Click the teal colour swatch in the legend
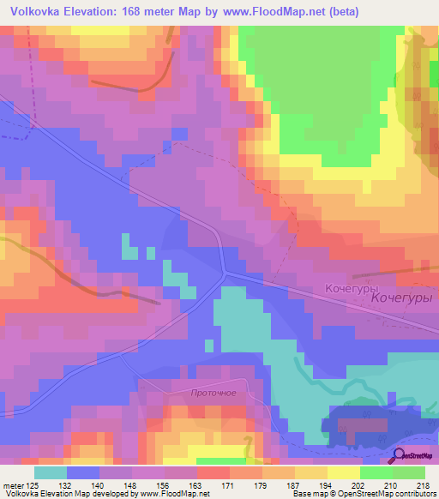pyautogui.click(x=51, y=472)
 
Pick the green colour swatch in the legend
pyautogui.click(x=409, y=472)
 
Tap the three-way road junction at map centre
pyautogui.click(x=225, y=273)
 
